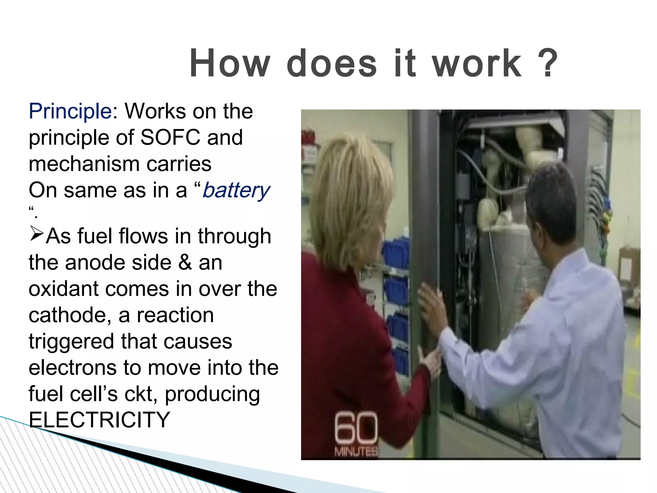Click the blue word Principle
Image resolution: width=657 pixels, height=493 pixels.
[70, 111]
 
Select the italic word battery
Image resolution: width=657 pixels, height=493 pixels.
[236, 190]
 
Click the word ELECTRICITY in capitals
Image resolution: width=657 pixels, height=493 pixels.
[99, 419]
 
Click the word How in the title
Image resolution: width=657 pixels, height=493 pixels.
[230, 63]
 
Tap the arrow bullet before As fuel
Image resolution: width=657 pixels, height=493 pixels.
[36, 233]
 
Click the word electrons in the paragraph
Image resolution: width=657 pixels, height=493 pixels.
[73, 368]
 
